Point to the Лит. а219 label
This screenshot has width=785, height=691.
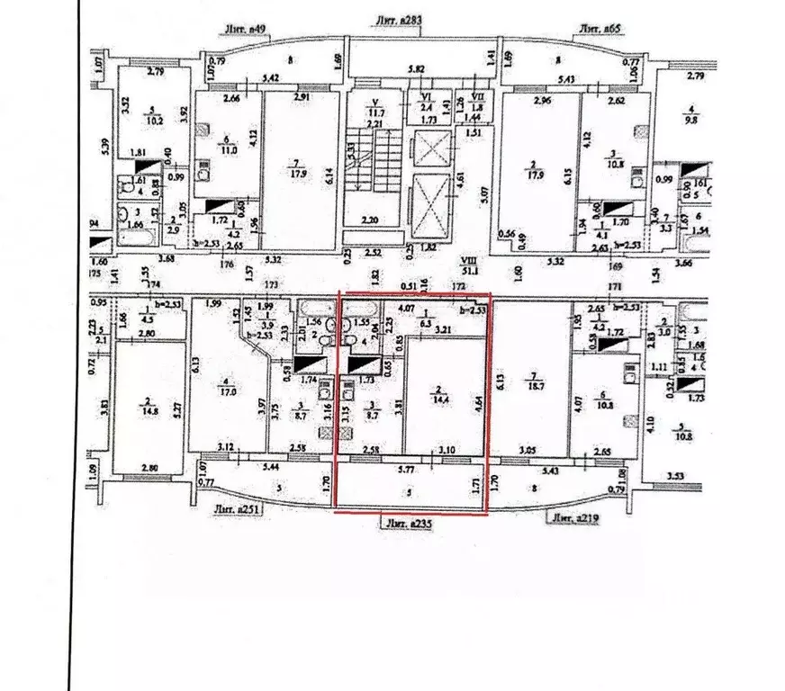pyautogui.click(x=575, y=517)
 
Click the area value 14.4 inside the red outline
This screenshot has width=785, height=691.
pyautogui.click(x=441, y=393)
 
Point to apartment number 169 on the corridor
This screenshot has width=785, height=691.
pyautogui.click(x=616, y=265)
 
